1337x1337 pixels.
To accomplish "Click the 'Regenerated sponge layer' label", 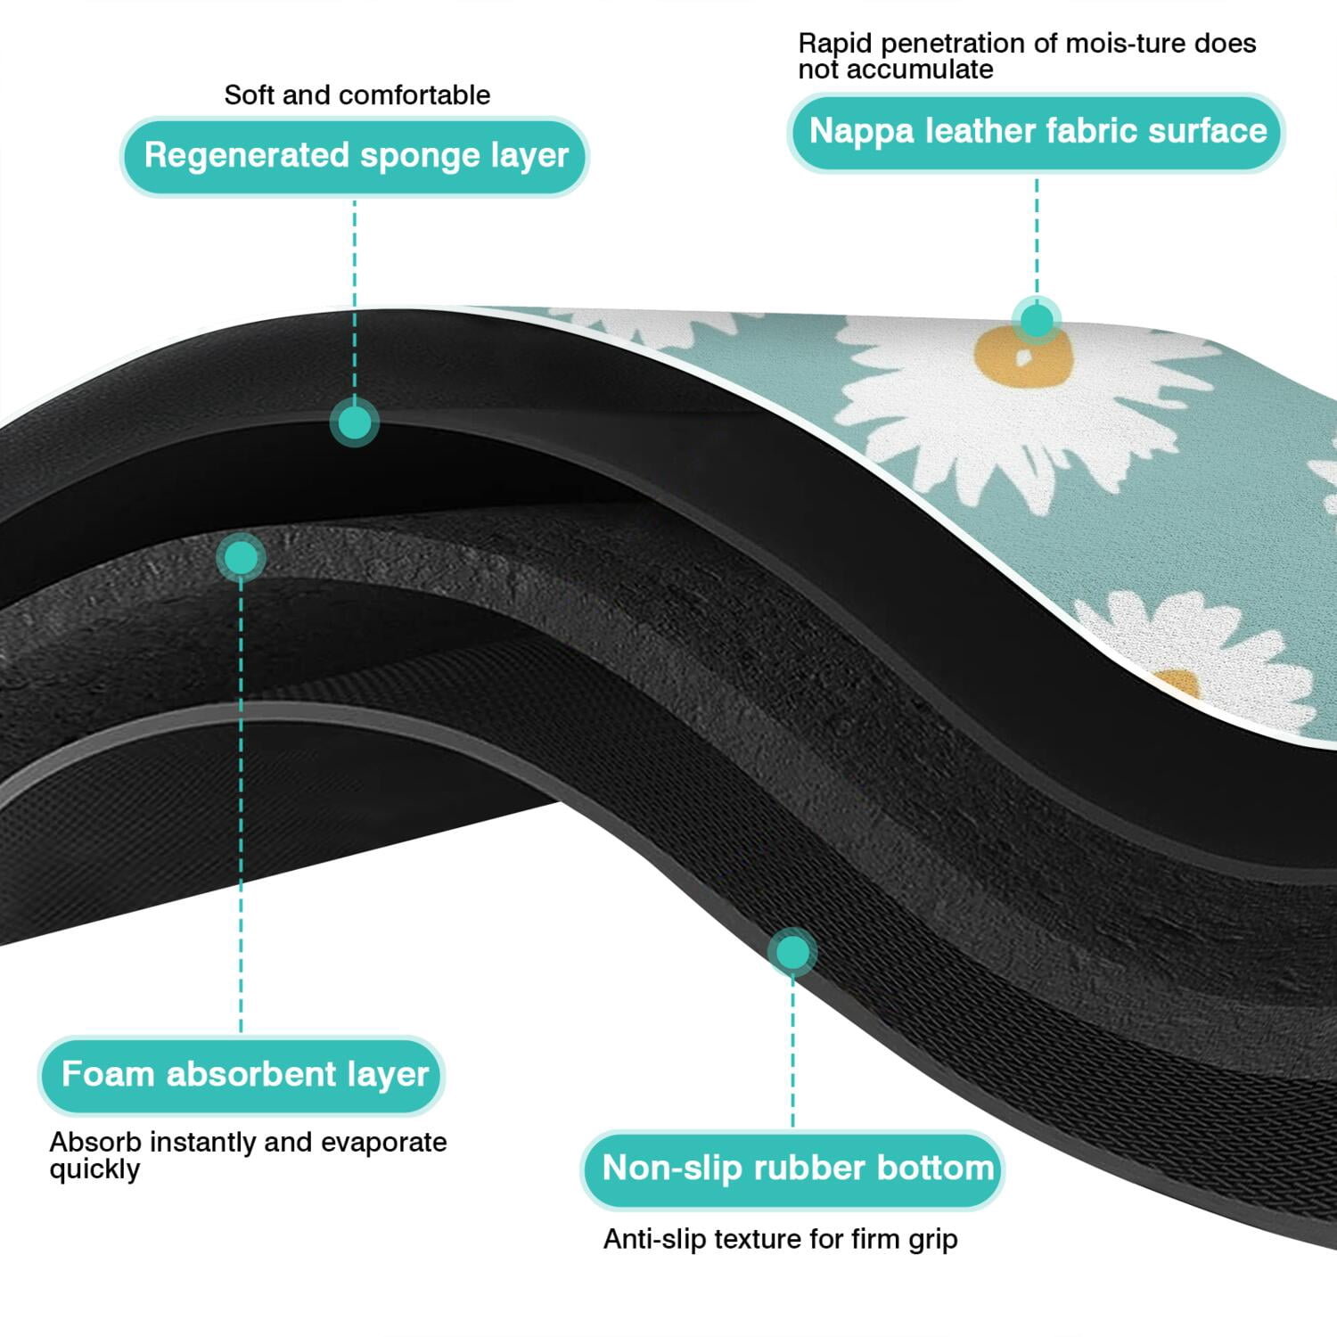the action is point(355,156).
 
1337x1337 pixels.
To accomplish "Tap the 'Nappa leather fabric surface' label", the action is point(1037,132).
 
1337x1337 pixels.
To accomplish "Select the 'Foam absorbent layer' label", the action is point(241,1075).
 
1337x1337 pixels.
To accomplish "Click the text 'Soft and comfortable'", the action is point(357,95).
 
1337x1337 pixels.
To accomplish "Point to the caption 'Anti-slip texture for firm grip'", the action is point(781,1239).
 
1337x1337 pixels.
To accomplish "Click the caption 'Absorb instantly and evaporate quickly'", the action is point(248,1155).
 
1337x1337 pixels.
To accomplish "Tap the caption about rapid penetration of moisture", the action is point(1027,55).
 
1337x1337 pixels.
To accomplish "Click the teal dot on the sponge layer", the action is point(355,422).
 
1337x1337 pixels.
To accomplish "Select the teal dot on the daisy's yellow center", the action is point(1037,319).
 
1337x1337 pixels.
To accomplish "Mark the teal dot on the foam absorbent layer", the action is point(241,558).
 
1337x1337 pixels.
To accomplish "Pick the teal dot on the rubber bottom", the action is point(792,952).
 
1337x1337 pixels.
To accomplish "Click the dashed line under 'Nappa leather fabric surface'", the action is point(1037,234).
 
